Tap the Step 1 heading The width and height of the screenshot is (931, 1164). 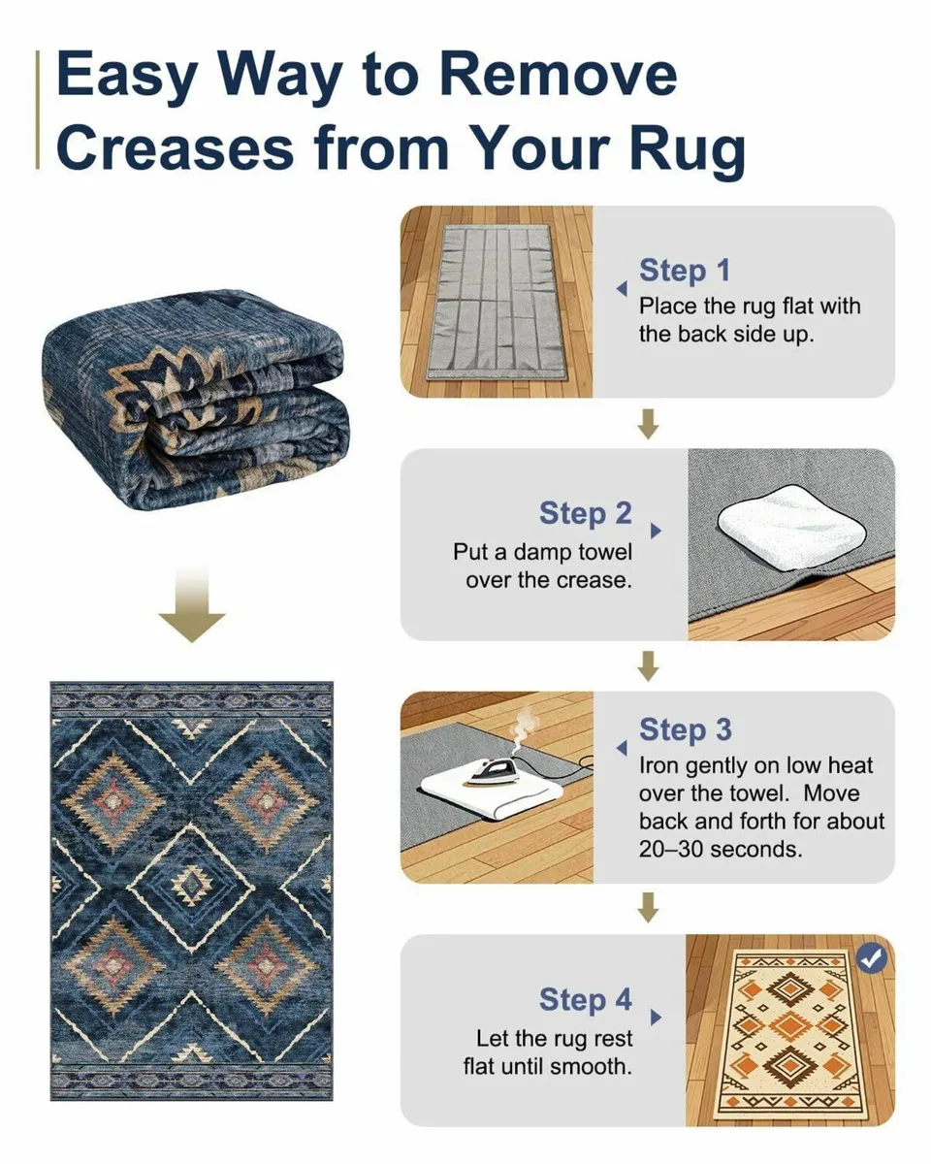coord(684,271)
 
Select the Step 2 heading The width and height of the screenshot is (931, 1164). coord(585,513)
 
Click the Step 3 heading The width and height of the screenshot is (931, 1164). coord(685,730)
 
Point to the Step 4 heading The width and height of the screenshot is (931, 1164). coord(585,1000)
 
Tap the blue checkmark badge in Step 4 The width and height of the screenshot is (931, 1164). coord(872,959)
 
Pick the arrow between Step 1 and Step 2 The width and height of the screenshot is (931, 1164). coord(649,423)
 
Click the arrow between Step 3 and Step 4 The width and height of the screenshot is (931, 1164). coord(649,908)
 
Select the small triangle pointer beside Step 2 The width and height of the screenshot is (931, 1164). coord(656,532)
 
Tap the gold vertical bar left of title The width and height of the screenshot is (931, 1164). coord(40,112)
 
